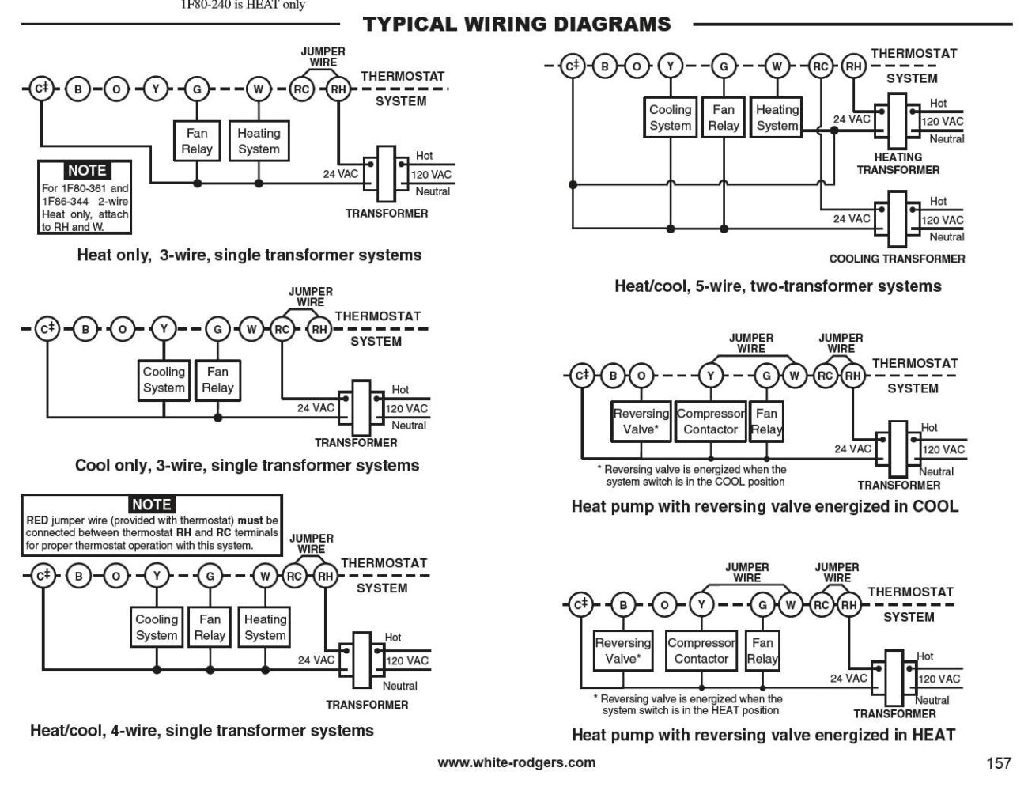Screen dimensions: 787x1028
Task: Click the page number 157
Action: (x=999, y=762)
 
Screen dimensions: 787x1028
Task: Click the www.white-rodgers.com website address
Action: (x=516, y=762)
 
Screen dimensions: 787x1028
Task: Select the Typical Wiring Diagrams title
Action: (x=516, y=25)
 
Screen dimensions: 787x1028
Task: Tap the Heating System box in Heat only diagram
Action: (x=259, y=142)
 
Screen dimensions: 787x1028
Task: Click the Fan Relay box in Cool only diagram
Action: (x=217, y=380)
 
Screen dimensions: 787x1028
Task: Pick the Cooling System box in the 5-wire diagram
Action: (x=671, y=118)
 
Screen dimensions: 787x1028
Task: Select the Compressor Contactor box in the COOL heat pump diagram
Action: (x=710, y=422)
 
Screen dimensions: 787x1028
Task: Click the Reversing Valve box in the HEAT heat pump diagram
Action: (x=623, y=650)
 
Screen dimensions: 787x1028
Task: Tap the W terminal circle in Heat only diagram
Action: (x=258, y=89)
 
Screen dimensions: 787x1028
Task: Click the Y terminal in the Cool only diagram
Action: (x=164, y=329)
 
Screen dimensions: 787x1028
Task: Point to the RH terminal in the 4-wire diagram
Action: (x=325, y=577)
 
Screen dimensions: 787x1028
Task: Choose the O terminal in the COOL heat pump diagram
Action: (x=641, y=376)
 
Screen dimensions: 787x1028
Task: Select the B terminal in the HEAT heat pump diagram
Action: (x=623, y=606)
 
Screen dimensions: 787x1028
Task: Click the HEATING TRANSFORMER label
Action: (x=898, y=164)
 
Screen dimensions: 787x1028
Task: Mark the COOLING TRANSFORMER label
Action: (x=897, y=259)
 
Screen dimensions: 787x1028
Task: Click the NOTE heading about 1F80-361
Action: (x=86, y=170)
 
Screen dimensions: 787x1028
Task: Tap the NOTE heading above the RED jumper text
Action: (x=151, y=505)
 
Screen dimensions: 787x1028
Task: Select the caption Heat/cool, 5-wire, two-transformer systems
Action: (x=777, y=286)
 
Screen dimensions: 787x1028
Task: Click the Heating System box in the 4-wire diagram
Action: (x=265, y=627)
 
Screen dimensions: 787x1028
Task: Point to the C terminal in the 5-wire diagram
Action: (x=572, y=66)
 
